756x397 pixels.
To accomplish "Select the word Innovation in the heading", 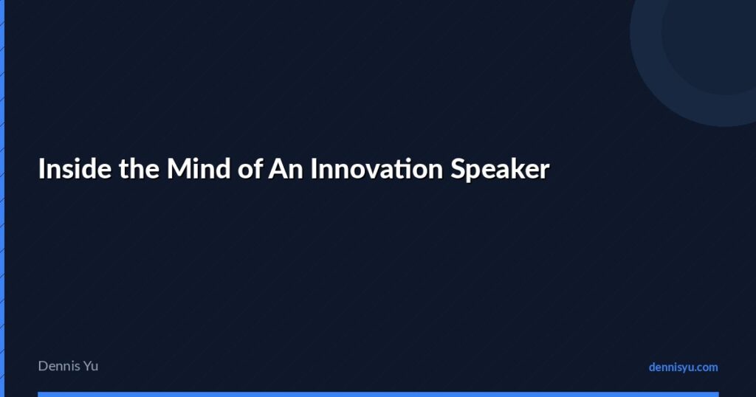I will click(376, 169).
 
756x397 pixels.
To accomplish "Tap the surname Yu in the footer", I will click(89, 365).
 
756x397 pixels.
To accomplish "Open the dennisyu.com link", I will click(683, 367).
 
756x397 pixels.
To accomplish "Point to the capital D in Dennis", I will click(43, 365).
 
